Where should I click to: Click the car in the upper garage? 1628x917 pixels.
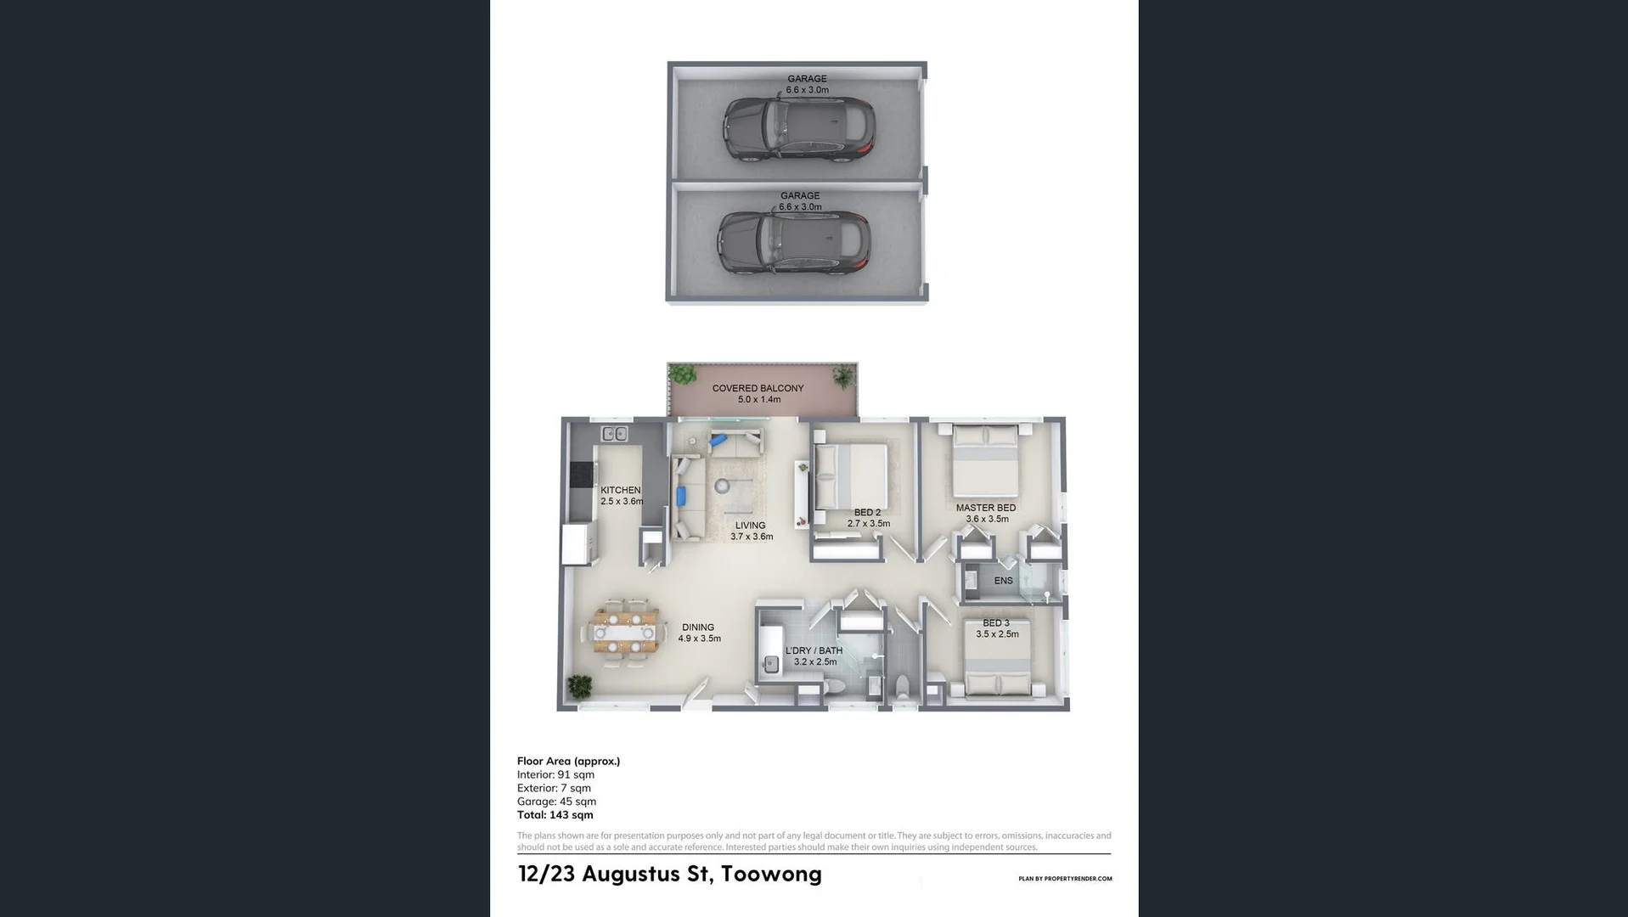[798, 130]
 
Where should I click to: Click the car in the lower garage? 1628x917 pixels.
[793, 243]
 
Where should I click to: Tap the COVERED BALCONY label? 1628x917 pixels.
[758, 388]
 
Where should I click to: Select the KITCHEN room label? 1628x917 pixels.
[620, 490]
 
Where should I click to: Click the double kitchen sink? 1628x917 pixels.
[614, 434]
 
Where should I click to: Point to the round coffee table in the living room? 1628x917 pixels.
[722, 487]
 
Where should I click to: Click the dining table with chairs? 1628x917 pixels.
[626, 633]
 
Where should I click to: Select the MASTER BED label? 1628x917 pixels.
[985, 508]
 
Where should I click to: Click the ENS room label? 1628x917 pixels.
[1003, 581]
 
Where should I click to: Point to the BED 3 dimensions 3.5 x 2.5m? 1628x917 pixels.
[997, 634]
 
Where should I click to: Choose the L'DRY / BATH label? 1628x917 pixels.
[814, 650]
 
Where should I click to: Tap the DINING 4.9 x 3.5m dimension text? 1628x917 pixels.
[699, 639]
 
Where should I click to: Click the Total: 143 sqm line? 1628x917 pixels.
[555, 815]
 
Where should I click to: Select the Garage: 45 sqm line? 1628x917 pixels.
[556, 802]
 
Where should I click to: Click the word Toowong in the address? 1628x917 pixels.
[770, 874]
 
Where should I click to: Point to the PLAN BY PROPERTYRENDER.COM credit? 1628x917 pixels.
[1064, 879]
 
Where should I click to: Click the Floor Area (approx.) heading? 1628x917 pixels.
[568, 761]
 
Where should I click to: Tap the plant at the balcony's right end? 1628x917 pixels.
[843, 375]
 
